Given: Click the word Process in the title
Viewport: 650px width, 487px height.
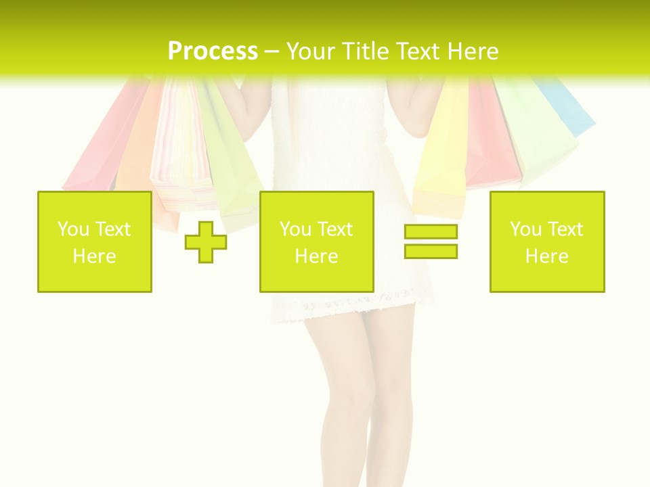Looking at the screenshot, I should tap(213, 51).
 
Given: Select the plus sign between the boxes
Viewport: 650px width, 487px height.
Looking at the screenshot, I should tap(206, 241).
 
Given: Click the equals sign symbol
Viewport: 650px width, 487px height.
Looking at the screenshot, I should tap(431, 241).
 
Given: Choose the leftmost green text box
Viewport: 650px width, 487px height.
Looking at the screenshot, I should tap(95, 241).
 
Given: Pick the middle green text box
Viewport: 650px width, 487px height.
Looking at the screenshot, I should tap(316, 241).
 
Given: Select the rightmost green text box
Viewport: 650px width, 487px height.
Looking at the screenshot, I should tap(546, 241).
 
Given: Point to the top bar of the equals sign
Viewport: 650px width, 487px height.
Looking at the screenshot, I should tap(431, 232).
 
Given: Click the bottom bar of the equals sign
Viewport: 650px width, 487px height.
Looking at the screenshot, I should tap(431, 251).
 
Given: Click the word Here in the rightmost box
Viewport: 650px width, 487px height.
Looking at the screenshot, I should tap(546, 256).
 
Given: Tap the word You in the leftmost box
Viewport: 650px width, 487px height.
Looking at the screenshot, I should tap(72, 229).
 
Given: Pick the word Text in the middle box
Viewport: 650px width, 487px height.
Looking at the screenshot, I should tap(335, 229).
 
